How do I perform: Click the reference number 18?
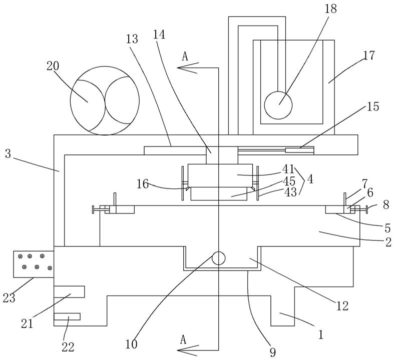point(330,9)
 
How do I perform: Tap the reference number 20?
point(53,66)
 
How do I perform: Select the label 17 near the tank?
point(369,55)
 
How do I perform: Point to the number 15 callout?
point(373,106)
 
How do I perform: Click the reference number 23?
point(9,298)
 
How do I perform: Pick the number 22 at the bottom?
point(68,347)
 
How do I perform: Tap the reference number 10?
point(131,344)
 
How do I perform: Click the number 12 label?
point(342,306)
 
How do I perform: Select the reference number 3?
point(8,154)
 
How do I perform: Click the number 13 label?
point(132,39)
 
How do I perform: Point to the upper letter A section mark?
point(185,56)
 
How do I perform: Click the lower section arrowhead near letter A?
point(188,350)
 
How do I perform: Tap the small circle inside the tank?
point(278,105)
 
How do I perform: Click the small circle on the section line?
point(218,258)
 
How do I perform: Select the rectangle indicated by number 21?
point(69,291)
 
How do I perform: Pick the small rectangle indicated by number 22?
point(67,316)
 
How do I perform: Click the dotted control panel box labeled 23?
point(34,264)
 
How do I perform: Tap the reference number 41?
point(288,169)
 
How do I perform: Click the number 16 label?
point(143,184)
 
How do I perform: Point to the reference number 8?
point(386,204)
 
